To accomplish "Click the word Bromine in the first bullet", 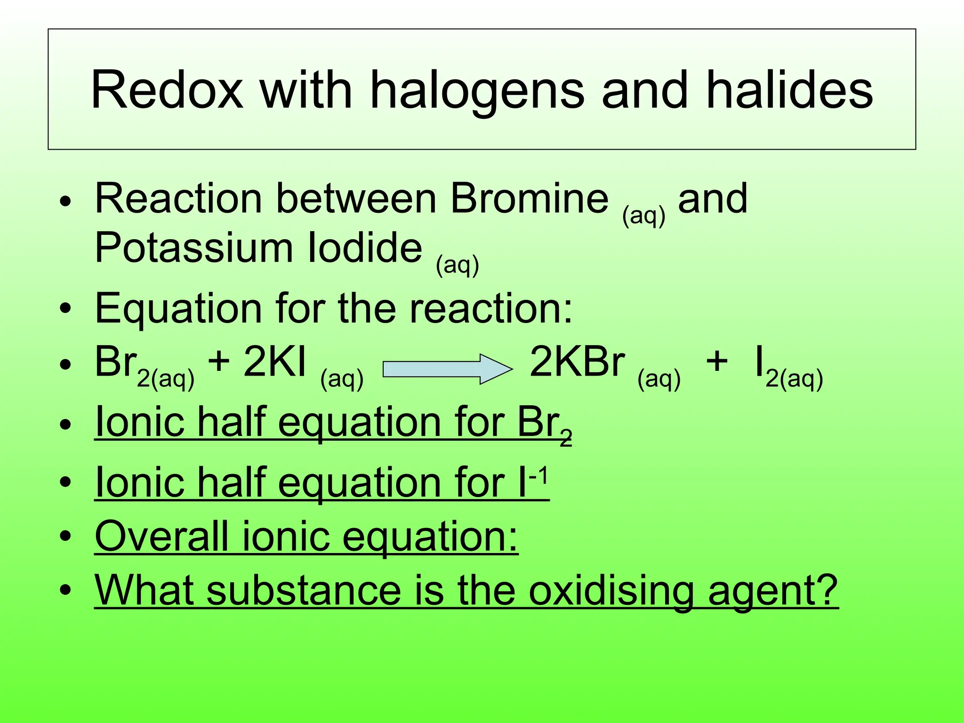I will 529,198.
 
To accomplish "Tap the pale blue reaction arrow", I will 447,369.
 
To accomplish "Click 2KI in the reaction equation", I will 275,362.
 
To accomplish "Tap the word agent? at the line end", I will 772,592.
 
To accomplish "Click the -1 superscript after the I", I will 538,477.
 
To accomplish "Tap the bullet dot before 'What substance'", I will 65,589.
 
